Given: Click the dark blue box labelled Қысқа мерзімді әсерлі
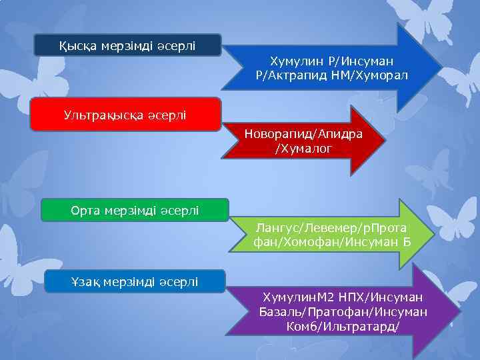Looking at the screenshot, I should [x=129, y=45].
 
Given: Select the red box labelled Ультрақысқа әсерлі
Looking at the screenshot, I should [x=126, y=115].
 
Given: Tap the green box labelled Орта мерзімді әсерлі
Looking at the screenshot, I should [x=135, y=210].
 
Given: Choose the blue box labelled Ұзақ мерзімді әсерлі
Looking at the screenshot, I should [x=135, y=282].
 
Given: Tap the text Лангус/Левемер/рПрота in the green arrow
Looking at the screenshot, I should [x=331, y=228].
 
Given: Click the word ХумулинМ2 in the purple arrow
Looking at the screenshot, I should [x=294, y=296].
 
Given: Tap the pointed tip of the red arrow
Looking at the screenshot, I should [x=385, y=141].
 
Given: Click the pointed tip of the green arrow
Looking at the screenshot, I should [x=433, y=234].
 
